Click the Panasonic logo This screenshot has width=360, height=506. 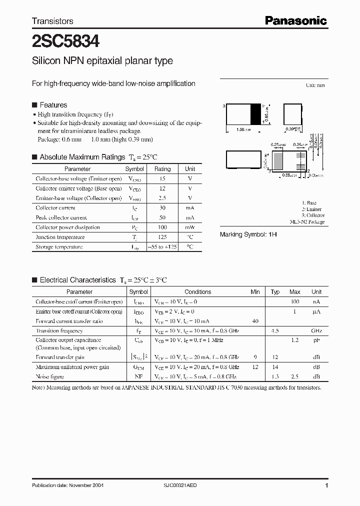pyautogui.click(x=295, y=20)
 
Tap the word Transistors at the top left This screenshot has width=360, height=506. pyautogui.click(x=52, y=21)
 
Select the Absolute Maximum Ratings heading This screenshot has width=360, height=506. pyautogui.click(x=82, y=157)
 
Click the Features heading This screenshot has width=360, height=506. pyautogui.click(x=53, y=105)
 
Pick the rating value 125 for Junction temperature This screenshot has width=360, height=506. pyautogui.click(x=162, y=237)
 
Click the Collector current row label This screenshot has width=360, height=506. pyautogui.click(x=55, y=208)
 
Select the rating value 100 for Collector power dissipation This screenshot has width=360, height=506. pyautogui.click(x=162, y=227)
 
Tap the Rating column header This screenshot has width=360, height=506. pyautogui.click(x=162, y=169)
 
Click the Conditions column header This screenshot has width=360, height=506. pyautogui.click(x=197, y=292)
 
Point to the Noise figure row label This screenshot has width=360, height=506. pyautogui.click(x=49, y=376)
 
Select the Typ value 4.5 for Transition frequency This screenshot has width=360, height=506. pyautogui.click(x=275, y=331)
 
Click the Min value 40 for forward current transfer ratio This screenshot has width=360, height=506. pyautogui.click(x=255, y=321)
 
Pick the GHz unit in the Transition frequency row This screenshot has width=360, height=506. pyautogui.click(x=316, y=331)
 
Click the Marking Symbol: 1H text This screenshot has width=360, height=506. pyautogui.click(x=248, y=234)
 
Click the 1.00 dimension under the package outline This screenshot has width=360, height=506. pyautogui.click(x=241, y=130)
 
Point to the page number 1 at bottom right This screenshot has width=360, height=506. pyautogui.click(x=326, y=485)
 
